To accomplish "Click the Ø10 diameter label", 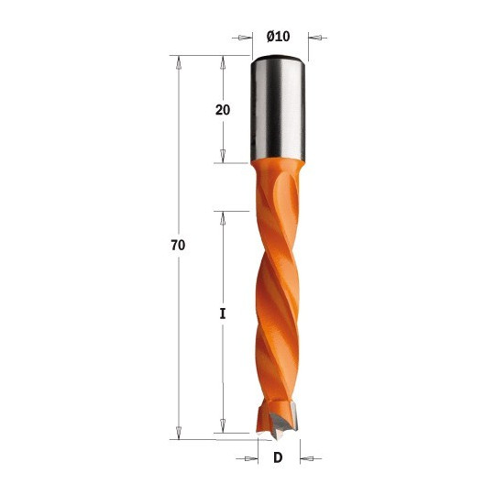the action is pyautogui.click(x=278, y=37).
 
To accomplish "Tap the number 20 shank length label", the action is pyautogui.click(x=223, y=110).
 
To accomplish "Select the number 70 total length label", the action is pyautogui.click(x=178, y=245).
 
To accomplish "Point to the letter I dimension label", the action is pyautogui.click(x=223, y=313).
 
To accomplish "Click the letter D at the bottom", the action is pyautogui.click(x=278, y=457).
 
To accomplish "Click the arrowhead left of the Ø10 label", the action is pyautogui.click(x=242, y=38).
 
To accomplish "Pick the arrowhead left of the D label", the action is pyautogui.click(x=250, y=458).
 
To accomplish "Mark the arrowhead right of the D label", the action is pyautogui.click(x=307, y=458).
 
